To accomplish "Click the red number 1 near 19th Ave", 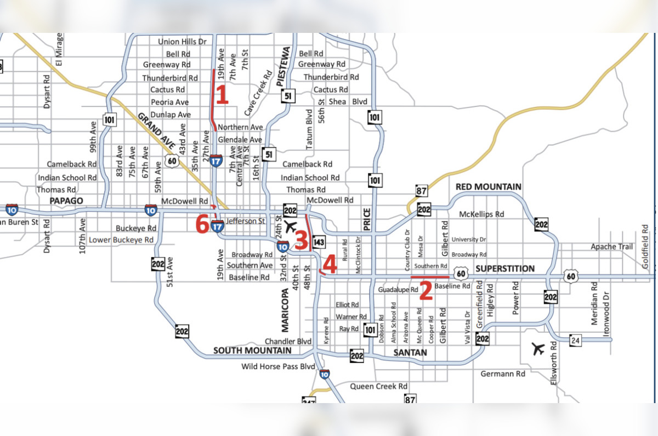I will point(221,95).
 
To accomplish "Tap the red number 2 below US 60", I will point(426,290).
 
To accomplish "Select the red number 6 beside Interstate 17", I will point(202,224).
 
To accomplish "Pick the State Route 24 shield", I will point(575,340).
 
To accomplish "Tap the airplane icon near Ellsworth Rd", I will point(538,348).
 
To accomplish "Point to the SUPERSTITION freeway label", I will point(505,269).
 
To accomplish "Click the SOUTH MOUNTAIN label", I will point(252,350).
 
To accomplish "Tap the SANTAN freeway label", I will point(410,353).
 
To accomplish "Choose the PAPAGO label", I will point(66,201).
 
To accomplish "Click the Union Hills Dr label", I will point(182,42).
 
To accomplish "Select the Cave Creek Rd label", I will point(258,93).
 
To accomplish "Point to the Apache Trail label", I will point(611,247).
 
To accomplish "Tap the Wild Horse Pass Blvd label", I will point(278,366).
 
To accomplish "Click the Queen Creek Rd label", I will point(379,387).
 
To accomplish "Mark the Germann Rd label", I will point(502,374).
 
